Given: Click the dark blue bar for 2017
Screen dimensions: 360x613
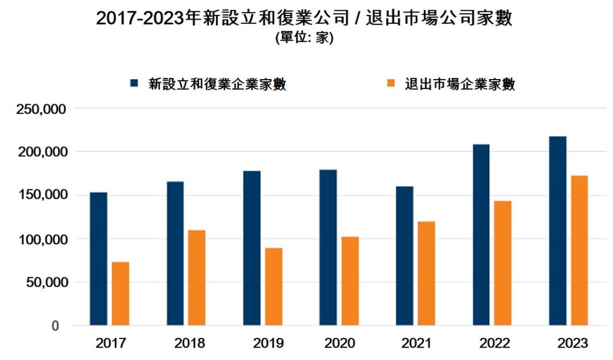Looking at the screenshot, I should pyautogui.click(x=99, y=259).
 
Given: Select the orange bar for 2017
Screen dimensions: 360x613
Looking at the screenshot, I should pyautogui.click(x=120, y=294).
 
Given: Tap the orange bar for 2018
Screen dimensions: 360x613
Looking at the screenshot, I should pyautogui.click(x=196, y=277).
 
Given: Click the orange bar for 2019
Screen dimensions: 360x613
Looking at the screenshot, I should pyautogui.click(x=274, y=286).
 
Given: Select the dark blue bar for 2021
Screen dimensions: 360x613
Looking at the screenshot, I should pyautogui.click(x=405, y=256).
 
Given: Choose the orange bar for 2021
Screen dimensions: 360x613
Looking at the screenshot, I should pyautogui.click(x=426, y=273).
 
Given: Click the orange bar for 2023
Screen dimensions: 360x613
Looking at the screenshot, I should pyautogui.click(x=579, y=250).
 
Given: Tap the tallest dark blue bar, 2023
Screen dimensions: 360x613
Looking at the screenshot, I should pyautogui.click(x=558, y=231).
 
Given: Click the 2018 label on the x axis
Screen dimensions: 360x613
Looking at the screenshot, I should pyautogui.click(x=190, y=344).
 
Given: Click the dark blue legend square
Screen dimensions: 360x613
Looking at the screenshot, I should pyautogui.click(x=135, y=84).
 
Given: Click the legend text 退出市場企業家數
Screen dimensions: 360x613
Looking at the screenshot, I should pyautogui.click(x=460, y=84).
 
